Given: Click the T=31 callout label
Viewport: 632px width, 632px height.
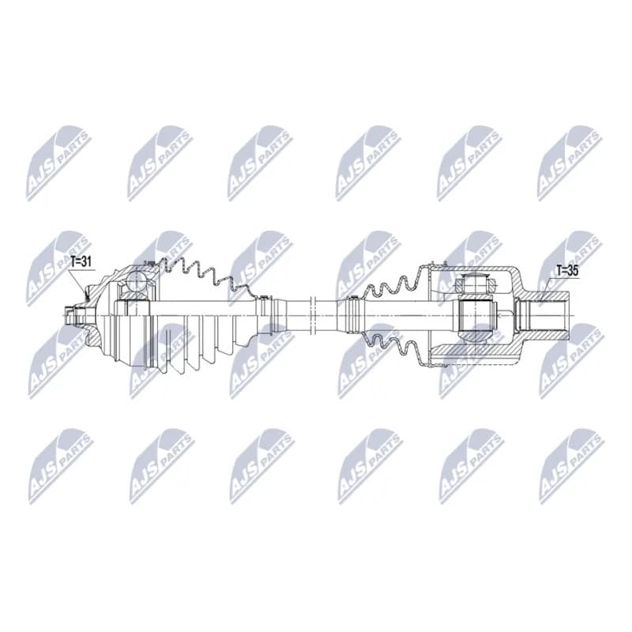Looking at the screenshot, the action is coord(81,262).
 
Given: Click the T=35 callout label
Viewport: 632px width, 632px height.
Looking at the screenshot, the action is coord(567,271).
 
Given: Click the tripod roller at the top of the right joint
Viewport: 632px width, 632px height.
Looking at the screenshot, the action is coord(476,284).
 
